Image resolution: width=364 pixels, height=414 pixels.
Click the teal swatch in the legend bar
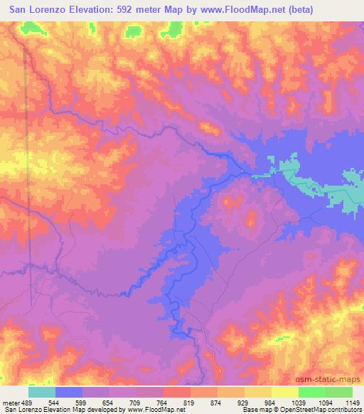click(42, 392)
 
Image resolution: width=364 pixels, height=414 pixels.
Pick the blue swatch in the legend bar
click(69, 392)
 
